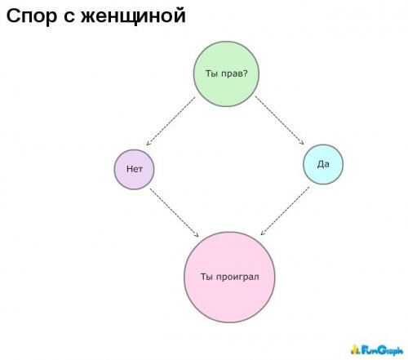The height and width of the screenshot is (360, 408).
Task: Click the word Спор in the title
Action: click(32, 16)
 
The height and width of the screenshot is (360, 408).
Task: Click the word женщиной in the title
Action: click(133, 16)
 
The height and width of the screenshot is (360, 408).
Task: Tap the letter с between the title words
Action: click(69, 17)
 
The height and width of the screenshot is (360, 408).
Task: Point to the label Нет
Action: click(135, 169)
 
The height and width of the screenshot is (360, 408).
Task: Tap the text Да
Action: click(323, 164)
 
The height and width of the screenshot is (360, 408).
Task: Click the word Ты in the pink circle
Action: click(206, 277)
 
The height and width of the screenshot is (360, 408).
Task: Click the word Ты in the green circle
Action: click(211, 73)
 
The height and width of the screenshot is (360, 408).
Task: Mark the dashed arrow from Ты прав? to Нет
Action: click(171, 121)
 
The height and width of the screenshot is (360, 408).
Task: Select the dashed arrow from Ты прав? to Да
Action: click(279, 120)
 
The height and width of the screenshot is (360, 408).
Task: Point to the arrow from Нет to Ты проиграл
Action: click(175, 213)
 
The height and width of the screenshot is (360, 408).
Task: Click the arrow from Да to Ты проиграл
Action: click(285, 211)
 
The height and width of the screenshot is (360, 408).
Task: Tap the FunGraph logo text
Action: click(382, 350)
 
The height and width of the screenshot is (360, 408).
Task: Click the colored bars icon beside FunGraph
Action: click(355, 349)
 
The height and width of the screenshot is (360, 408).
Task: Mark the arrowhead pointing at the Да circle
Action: click(302, 143)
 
